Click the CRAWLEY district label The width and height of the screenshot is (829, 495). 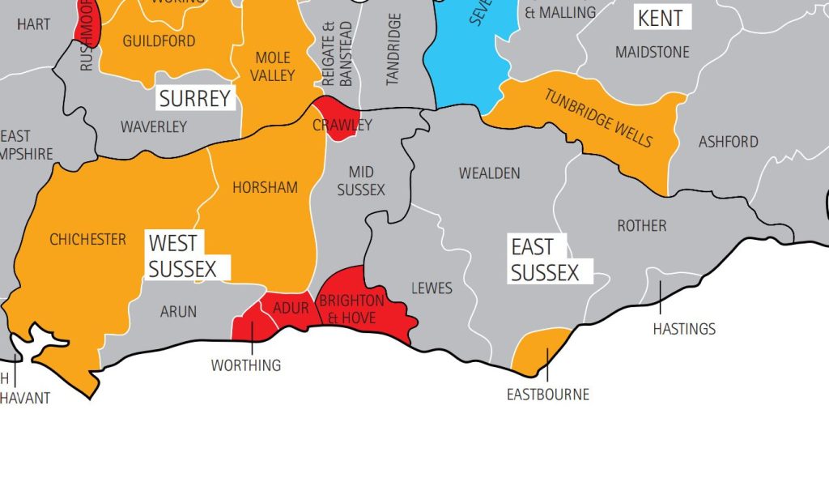[342, 125]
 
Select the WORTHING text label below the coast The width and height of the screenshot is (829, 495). [246, 365]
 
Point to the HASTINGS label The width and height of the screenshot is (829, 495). [684, 329]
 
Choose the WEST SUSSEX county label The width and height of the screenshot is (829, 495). [183, 255]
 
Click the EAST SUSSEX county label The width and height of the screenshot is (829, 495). [545, 259]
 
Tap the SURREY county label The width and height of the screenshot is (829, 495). [195, 99]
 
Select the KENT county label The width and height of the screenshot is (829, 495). [660, 18]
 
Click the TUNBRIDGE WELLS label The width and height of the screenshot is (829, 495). [598, 117]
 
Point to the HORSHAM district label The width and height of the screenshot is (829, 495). [265, 187]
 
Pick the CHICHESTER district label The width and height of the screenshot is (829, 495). [87, 239]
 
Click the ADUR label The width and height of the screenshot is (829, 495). [291, 308]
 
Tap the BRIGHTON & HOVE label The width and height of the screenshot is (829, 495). [351, 309]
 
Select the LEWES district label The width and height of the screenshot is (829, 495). [432, 288]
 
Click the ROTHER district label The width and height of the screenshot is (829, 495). [641, 225]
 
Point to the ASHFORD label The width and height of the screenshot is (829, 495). [728, 142]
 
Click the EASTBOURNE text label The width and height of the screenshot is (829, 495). [548, 395]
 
